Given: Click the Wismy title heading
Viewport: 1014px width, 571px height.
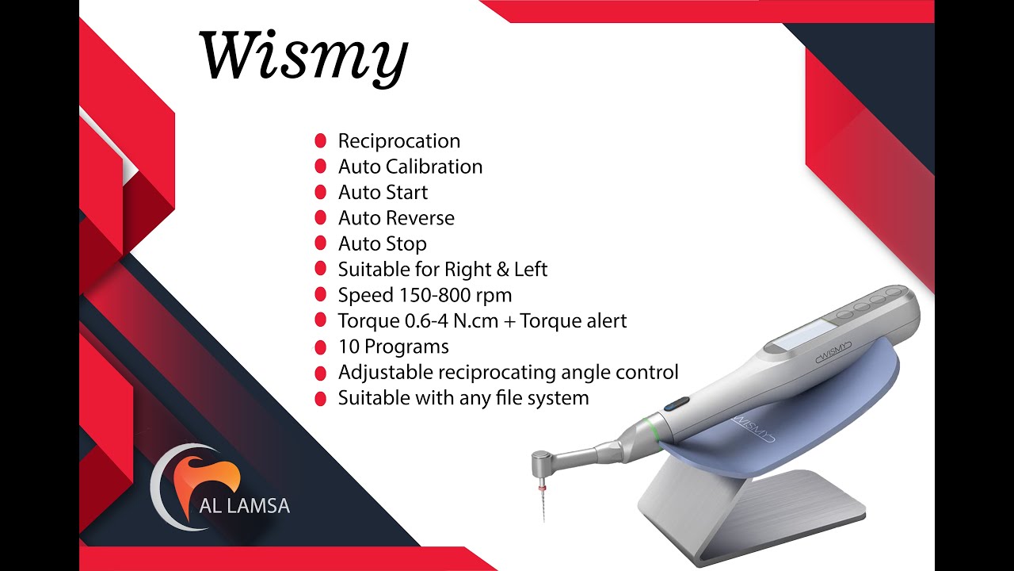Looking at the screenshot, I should pyautogui.click(x=303, y=57).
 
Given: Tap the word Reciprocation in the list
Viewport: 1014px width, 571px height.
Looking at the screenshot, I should pyautogui.click(x=398, y=141).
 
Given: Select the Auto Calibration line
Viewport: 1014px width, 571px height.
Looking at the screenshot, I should pyautogui.click(x=410, y=167).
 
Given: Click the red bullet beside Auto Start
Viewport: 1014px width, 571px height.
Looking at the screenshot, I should pyautogui.click(x=321, y=192).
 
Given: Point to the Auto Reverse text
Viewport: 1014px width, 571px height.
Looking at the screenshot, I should pyautogui.click(x=396, y=218).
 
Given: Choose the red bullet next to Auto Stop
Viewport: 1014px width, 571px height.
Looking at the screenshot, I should pyautogui.click(x=321, y=243).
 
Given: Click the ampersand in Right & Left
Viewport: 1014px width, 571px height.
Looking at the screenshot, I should pyautogui.click(x=502, y=270).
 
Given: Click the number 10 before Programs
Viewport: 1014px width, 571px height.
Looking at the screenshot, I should pyautogui.click(x=349, y=347).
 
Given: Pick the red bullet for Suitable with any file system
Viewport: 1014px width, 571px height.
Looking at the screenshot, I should pyautogui.click(x=321, y=398).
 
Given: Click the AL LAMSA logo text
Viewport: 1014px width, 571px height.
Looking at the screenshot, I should pyautogui.click(x=244, y=505).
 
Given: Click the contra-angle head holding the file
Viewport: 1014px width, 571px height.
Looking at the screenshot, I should pyautogui.click(x=545, y=462).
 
